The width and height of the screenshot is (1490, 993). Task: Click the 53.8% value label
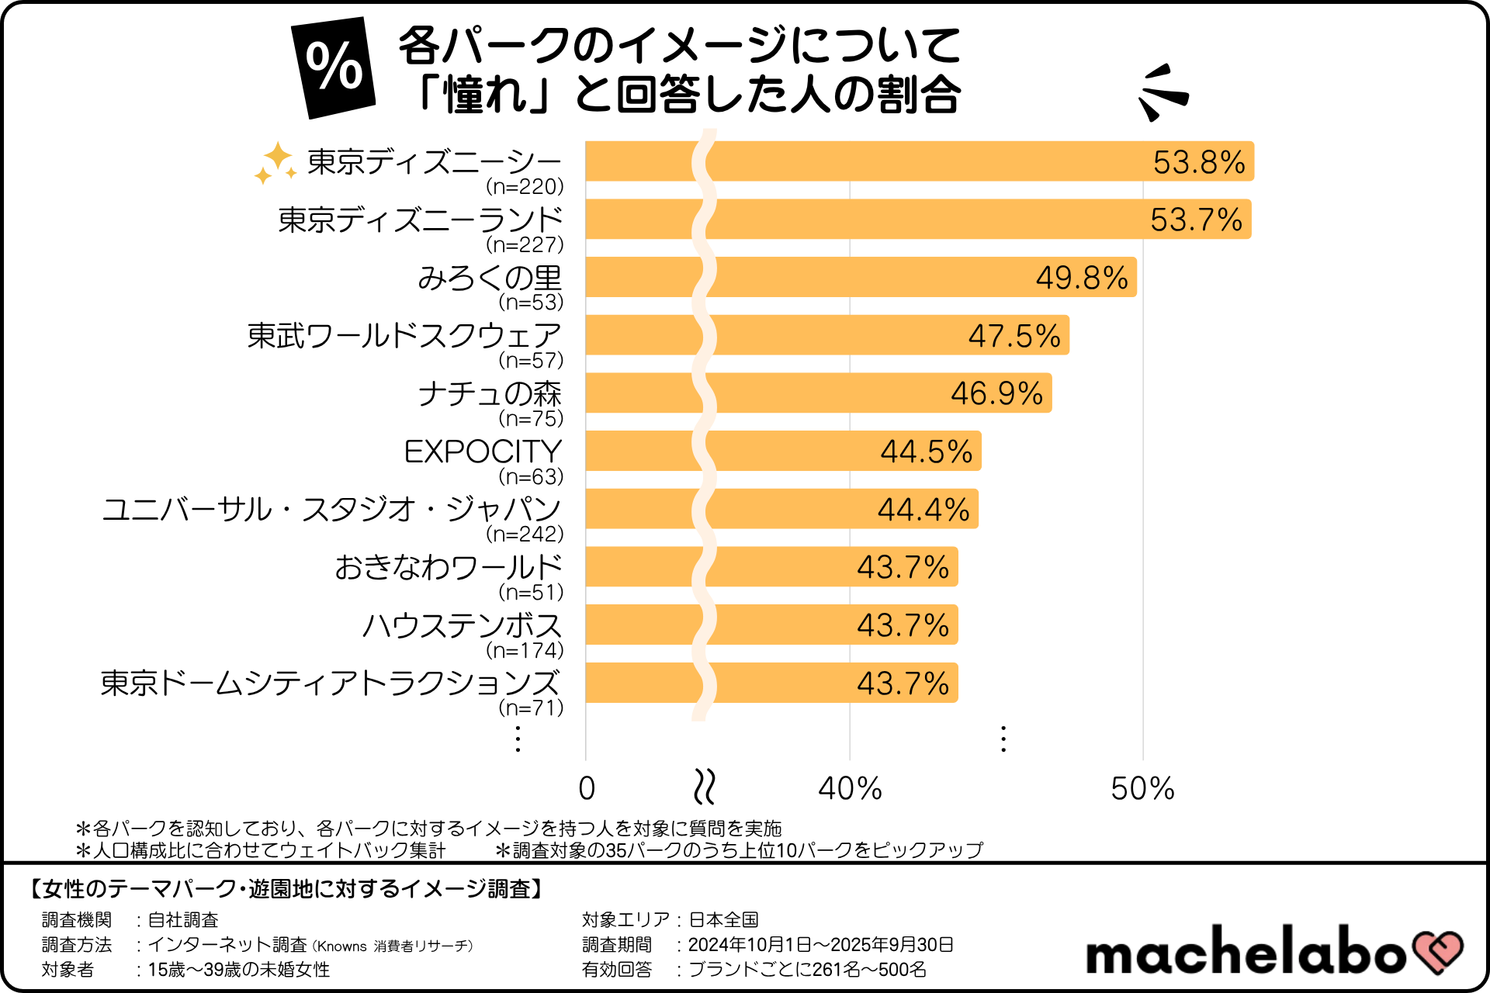point(1198,162)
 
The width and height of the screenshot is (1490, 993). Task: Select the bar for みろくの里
point(861,277)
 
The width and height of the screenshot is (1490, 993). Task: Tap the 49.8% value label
point(1082,278)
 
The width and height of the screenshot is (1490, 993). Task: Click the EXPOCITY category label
point(483,452)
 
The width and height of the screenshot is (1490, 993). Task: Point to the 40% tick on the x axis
point(850,789)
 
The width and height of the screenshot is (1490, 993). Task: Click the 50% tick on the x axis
point(1142,789)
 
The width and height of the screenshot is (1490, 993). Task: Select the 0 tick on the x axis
point(587,789)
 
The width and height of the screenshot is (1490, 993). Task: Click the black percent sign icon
point(334,67)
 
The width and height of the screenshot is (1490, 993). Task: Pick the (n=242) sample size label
point(525,534)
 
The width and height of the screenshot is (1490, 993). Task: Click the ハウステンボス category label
point(463,625)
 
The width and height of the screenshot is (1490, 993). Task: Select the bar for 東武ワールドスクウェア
point(827,335)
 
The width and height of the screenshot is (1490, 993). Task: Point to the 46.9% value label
point(996,393)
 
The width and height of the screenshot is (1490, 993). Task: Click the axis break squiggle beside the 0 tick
point(704,787)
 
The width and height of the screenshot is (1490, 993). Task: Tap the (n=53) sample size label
point(531,302)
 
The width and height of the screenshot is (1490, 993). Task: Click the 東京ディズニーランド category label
point(420,220)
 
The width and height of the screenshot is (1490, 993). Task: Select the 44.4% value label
point(923,510)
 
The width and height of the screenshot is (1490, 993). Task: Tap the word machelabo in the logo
point(1246,952)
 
